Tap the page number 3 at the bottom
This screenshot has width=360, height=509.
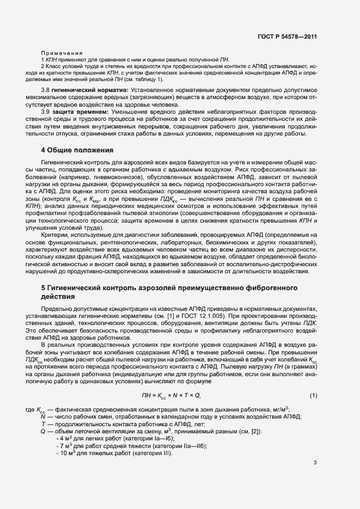pos(315,463)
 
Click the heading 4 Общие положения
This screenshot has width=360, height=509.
pos(77,150)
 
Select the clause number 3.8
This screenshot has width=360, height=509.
pos(46,89)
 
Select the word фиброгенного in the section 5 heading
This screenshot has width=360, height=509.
pos(273,287)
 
